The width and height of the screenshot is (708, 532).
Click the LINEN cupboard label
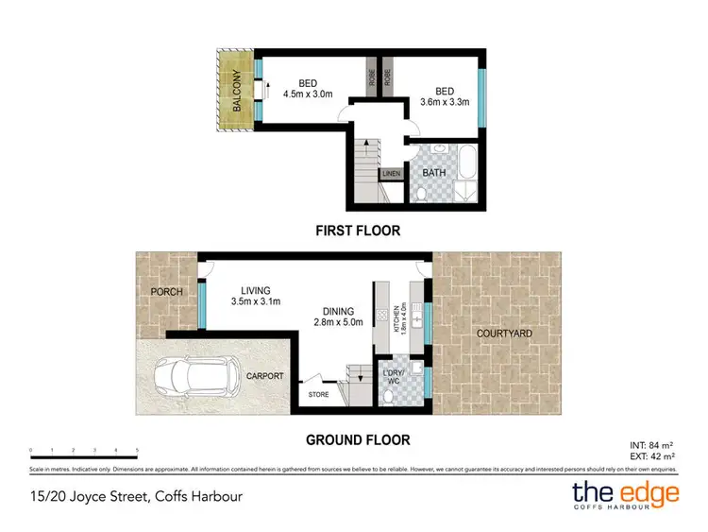tap(391, 173)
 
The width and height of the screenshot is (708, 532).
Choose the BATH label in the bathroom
tap(434, 173)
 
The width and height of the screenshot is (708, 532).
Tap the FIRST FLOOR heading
tap(357, 230)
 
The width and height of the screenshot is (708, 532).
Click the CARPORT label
tap(264, 374)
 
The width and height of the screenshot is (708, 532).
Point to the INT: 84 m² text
tap(650, 444)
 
